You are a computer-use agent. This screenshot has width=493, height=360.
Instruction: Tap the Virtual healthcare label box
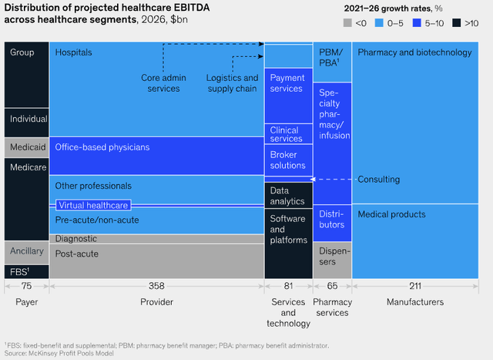(x=92, y=206)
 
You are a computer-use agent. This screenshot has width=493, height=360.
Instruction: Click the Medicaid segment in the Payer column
(x=26, y=147)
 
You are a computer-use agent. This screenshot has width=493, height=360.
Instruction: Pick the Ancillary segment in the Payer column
(x=26, y=251)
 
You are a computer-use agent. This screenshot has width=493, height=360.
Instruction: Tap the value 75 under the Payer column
(x=26, y=286)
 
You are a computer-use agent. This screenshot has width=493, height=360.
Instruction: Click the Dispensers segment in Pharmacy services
(x=332, y=257)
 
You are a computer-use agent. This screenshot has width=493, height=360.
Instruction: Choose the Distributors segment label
(x=332, y=219)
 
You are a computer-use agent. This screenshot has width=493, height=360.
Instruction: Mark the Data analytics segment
(x=287, y=196)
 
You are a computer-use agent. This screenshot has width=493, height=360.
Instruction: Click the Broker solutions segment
(x=287, y=160)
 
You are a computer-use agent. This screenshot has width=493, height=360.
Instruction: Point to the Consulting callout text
(x=379, y=180)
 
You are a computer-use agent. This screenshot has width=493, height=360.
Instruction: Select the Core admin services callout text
(x=160, y=83)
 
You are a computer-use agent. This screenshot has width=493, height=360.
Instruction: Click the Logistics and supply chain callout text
(x=232, y=83)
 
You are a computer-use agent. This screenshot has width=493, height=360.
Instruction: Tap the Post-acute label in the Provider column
(x=77, y=254)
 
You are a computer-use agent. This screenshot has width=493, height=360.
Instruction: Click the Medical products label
(x=392, y=214)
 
